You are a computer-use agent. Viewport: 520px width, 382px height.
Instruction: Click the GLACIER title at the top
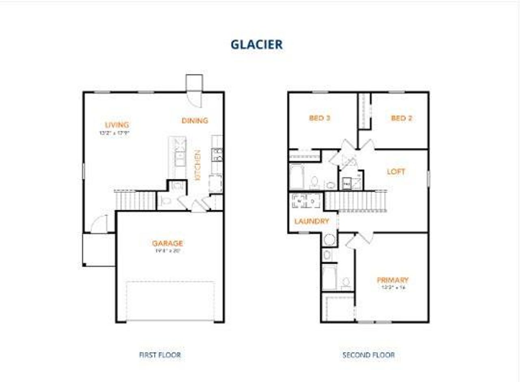point(256,45)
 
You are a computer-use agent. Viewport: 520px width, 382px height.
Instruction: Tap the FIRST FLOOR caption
point(160,355)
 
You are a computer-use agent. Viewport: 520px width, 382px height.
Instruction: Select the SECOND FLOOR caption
point(368,355)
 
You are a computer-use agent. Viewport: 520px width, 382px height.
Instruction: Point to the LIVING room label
point(117,125)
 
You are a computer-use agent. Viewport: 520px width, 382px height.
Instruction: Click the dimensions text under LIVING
point(117,133)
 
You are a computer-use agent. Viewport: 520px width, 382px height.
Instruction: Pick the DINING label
point(195,121)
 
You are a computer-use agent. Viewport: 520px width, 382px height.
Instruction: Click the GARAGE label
point(167,243)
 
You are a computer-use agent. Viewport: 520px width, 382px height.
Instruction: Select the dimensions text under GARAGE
point(167,251)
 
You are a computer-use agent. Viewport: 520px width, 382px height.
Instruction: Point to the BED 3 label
point(319,118)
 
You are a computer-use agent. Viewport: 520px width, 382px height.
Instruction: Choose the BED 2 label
point(401,118)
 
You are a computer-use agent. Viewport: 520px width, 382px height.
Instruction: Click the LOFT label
point(396,172)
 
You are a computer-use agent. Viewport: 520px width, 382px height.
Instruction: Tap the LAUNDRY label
point(312,221)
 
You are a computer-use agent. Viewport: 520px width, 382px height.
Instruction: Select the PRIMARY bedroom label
point(392,280)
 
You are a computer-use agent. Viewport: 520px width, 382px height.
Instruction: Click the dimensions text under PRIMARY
point(392,287)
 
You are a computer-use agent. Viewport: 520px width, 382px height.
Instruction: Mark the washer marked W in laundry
point(299,201)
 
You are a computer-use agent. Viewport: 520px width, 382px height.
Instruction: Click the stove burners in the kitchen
point(217,155)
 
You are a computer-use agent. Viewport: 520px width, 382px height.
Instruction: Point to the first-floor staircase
point(136,200)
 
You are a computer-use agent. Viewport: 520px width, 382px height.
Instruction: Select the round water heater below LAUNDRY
point(329,240)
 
